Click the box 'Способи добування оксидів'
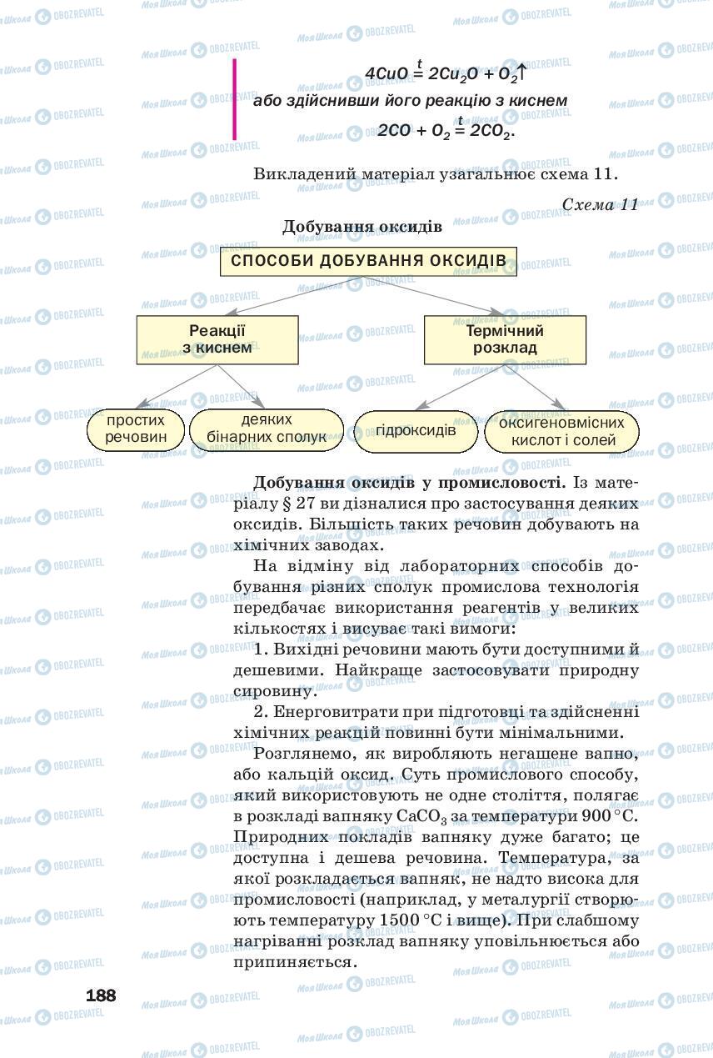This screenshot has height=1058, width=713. click(x=368, y=261)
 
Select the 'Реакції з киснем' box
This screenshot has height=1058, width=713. click(x=217, y=339)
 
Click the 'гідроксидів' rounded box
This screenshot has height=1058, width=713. click(x=416, y=431)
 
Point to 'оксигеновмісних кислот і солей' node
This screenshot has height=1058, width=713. click(x=562, y=431)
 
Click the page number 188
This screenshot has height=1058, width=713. click(x=101, y=995)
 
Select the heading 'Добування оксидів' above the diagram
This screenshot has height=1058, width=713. click(x=361, y=227)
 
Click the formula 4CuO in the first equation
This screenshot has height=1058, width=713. click(x=387, y=74)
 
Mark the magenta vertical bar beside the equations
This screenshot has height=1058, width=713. click(x=235, y=98)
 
